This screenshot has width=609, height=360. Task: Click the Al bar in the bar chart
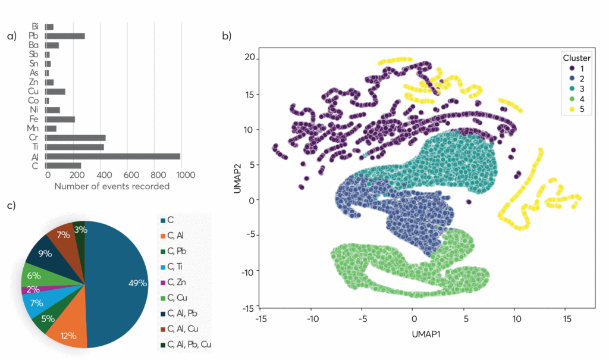(113, 156)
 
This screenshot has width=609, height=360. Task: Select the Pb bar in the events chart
(65, 36)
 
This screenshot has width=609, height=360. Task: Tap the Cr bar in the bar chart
(76, 138)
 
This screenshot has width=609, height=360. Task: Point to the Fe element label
(34, 119)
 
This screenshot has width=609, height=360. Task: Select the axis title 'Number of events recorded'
(112, 187)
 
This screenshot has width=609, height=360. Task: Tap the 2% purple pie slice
(30, 290)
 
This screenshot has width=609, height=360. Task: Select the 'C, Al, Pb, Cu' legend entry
(185, 344)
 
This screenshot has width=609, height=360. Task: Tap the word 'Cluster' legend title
(576, 58)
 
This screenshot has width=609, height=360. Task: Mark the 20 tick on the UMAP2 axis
(249, 57)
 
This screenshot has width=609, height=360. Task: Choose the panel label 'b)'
(227, 36)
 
